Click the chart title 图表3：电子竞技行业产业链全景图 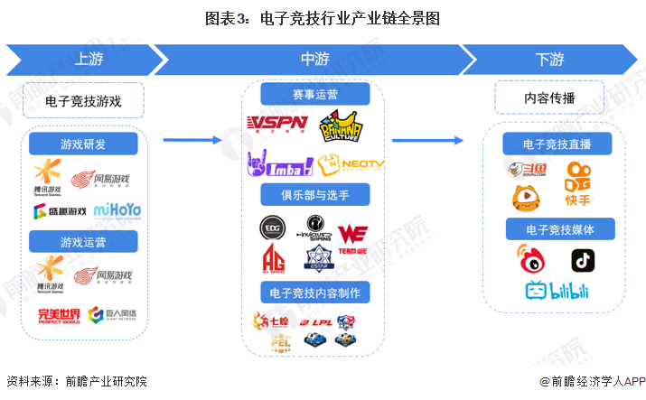click(323, 17)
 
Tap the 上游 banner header click(87, 60)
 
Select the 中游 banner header click(314, 60)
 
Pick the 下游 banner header click(549, 60)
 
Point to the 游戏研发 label click(83, 144)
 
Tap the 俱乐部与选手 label click(314, 195)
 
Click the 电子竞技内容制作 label click(314, 293)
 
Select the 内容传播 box click(549, 98)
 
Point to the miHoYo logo click(119, 212)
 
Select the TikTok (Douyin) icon click(582, 260)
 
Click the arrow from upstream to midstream click(192, 140)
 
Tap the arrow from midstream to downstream click(429, 140)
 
